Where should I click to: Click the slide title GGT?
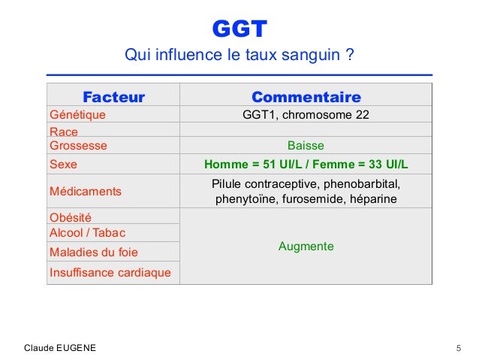point(239,29)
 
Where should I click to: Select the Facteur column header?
point(113,97)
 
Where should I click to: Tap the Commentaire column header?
point(306,97)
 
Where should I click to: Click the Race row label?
point(64,132)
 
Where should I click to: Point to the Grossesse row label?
point(78,145)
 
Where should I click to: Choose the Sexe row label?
point(63,164)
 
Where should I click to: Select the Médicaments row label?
point(85,192)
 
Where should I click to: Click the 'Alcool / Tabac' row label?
point(87,233)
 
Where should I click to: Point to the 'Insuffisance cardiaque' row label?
point(110,272)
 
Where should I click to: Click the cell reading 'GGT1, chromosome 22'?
point(306,115)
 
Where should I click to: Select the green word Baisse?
point(306,145)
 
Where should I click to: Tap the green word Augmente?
point(306,247)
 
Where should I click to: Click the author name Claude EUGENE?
point(60,348)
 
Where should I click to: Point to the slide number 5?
point(458,348)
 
